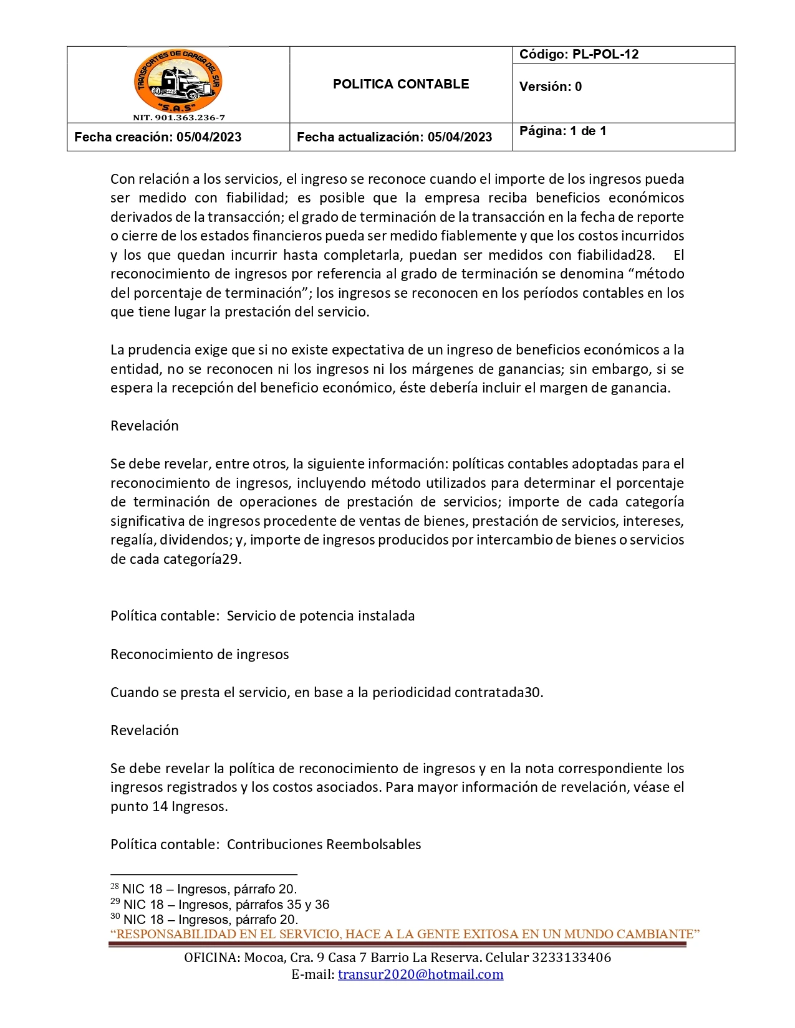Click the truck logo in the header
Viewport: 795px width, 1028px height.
178,81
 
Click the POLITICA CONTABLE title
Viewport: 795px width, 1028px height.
400,84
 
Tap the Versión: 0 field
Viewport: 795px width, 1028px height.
550,87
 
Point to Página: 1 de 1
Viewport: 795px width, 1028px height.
562,131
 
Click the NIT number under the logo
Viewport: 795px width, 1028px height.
178,117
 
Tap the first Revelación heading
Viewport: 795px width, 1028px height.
144,426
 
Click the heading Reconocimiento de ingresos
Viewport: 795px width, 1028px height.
200,654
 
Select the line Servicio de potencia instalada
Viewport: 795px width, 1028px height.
320,616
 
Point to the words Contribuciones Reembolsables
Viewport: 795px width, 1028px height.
324,844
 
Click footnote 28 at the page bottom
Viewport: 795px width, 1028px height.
204,889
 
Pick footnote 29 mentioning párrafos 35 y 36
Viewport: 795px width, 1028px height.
220,904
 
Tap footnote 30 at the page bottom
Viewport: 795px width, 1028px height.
205,919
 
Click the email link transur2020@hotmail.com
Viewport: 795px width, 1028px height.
420,974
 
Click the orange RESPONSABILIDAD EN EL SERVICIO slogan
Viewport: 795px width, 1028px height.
405,934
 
